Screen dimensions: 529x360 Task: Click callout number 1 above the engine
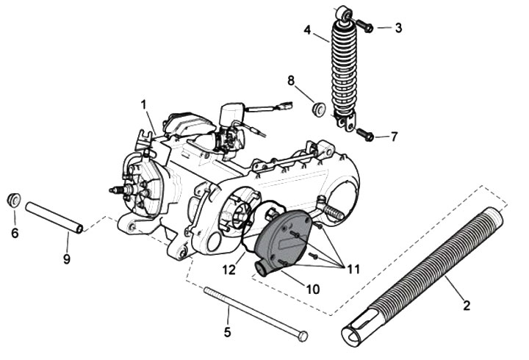pyautogui.click(x=144, y=104)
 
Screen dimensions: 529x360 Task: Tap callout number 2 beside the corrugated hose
pyautogui.click(x=467, y=306)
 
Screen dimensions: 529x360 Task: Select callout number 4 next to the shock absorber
pyautogui.click(x=307, y=30)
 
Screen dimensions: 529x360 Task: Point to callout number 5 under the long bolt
pyautogui.click(x=227, y=332)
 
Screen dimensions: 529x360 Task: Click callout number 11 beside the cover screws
pyautogui.click(x=353, y=269)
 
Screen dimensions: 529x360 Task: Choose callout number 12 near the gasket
pyautogui.click(x=228, y=270)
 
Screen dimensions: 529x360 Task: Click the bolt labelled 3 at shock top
pyautogui.click(x=364, y=26)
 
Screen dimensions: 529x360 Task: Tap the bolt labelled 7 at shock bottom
pyautogui.click(x=365, y=135)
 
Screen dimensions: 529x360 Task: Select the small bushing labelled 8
pyautogui.click(x=318, y=109)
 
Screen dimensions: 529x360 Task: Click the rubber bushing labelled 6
pyautogui.click(x=14, y=200)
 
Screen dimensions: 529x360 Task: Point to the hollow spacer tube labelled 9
pyautogui.click(x=54, y=217)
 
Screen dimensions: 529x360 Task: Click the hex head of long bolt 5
pyautogui.click(x=303, y=336)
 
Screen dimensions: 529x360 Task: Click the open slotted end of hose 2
pyautogui.click(x=353, y=332)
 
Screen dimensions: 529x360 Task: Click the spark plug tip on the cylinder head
pyautogui.click(x=112, y=190)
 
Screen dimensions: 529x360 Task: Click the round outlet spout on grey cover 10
pyautogui.click(x=261, y=269)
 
